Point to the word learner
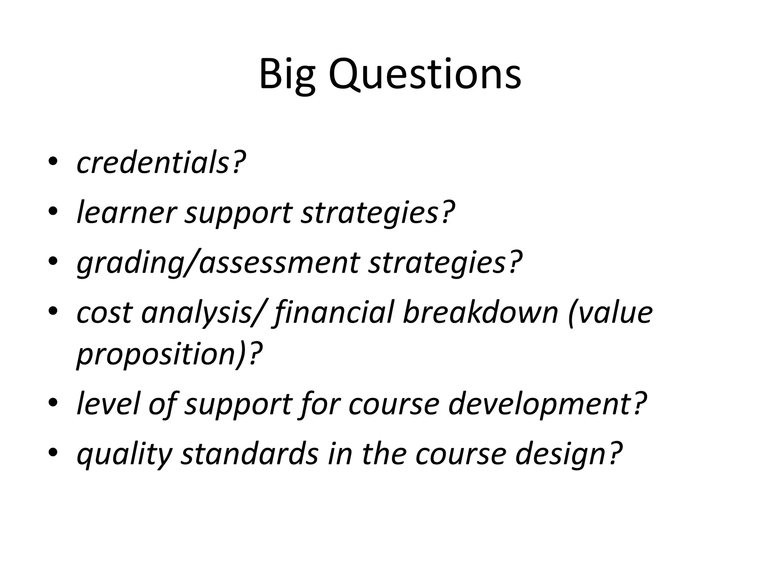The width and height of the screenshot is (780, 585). (127, 212)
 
